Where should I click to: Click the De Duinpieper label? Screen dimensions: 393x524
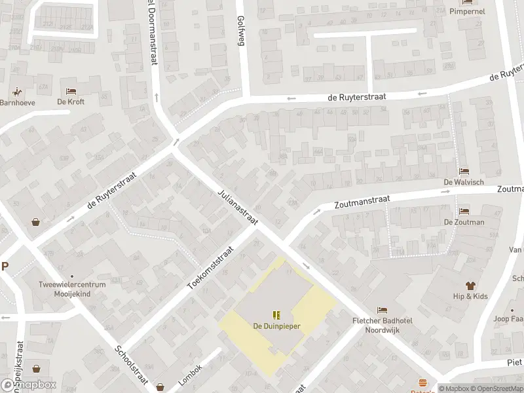[276, 326]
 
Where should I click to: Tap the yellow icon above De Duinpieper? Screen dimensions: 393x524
[276, 315]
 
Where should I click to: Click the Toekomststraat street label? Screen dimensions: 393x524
[210, 269]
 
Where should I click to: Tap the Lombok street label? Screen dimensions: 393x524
[189, 374]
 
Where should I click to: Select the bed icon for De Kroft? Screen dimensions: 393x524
[71, 91]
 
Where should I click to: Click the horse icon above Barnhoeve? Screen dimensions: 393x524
[16, 91]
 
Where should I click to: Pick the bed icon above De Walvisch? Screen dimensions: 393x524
[464, 171]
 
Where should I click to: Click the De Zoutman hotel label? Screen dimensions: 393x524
[464, 222]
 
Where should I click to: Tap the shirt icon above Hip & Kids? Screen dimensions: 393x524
[470, 286]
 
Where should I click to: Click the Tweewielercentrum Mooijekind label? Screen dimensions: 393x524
[72, 290]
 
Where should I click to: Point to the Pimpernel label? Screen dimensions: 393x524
[467, 11]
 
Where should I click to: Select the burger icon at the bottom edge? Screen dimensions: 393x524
[422, 383]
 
